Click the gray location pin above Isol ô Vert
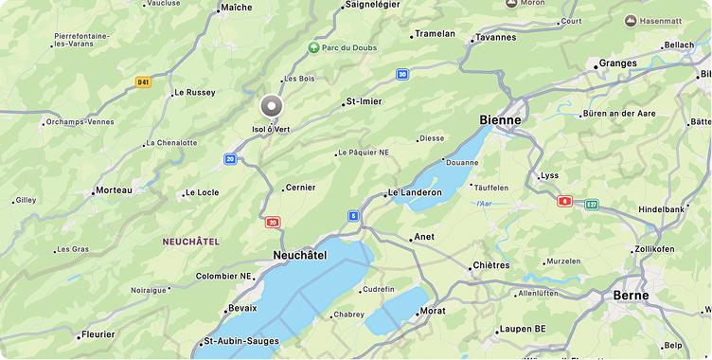272,106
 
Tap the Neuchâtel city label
299,255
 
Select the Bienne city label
500,120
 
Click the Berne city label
631,295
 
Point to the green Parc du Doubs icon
313,47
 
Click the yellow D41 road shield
143,82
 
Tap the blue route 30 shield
402,74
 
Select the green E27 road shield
592,205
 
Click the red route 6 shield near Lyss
565,201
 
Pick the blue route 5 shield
353,216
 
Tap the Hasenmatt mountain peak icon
631,21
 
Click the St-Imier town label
364,101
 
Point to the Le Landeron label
415,192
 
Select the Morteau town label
115,190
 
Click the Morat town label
433,311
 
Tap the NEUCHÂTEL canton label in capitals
190,242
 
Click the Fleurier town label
98,334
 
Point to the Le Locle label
202,192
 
